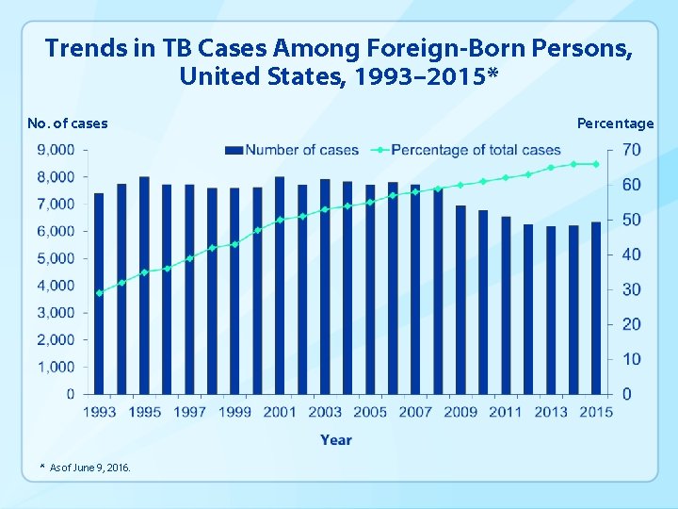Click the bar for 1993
pos(99,293)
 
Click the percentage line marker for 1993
pos(99,293)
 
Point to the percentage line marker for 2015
pos(596,164)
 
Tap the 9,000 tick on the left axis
pos(56,150)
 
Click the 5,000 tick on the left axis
pos(56,258)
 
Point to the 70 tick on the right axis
pos(631,150)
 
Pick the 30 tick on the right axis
pos(631,289)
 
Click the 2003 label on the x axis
pos(325,412)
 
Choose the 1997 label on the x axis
pos(189,412)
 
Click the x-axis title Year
pos(336,439)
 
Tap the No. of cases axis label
pos(67,123)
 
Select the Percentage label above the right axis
pos(615,123)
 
